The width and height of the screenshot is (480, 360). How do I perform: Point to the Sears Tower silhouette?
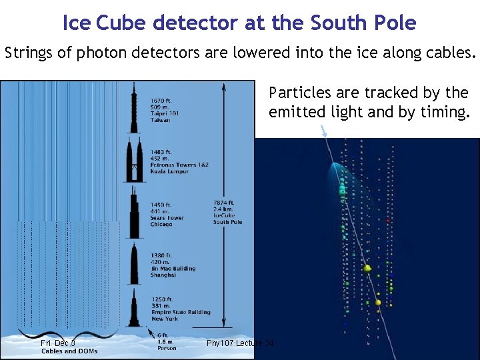coord(135,213)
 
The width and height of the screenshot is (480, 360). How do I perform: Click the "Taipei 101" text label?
coord(165,113)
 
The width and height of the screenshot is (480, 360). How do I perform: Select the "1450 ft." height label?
coord(161,205)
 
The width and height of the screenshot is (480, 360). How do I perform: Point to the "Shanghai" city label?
coord(163,275)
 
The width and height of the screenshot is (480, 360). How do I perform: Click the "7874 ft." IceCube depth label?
coord(224,203)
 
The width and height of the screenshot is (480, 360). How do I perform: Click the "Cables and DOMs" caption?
coord(69,351)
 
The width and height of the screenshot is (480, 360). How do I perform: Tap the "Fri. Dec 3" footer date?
coord(58,343)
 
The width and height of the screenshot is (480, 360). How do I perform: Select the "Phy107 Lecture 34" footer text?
coord(240,343)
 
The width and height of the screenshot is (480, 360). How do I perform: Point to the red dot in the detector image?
coord(388,219)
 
